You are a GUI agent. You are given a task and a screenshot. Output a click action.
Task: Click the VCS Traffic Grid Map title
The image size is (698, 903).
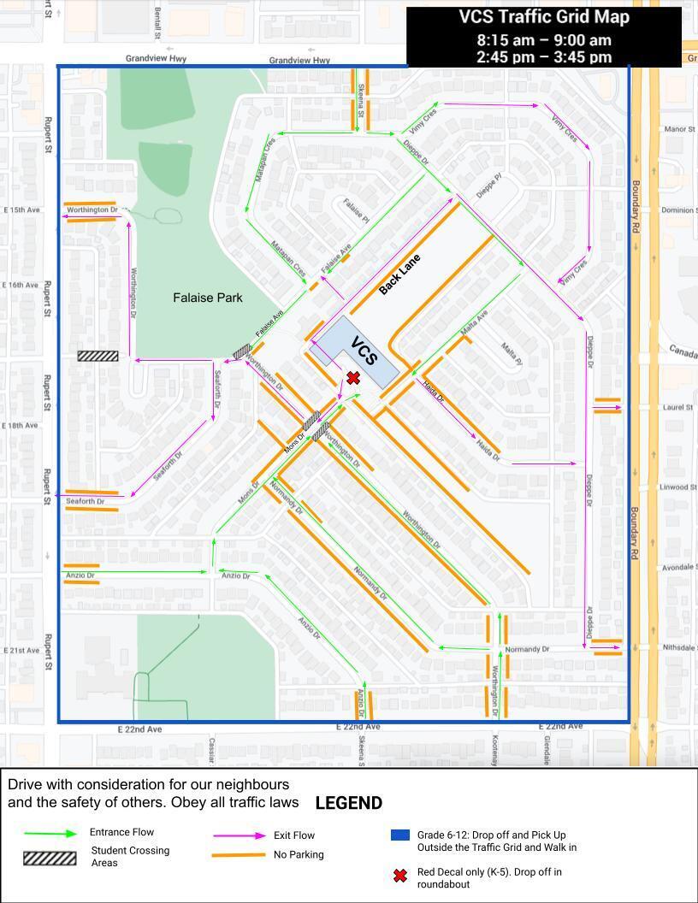pos(544,17)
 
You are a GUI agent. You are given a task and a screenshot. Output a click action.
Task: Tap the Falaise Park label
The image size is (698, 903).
pos(207,298)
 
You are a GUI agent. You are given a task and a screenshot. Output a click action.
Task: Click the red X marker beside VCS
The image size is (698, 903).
pos(353,378)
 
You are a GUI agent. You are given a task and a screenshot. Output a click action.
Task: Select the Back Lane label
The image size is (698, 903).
pos(400,274)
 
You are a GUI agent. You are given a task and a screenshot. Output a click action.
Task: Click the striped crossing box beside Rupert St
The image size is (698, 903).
pos(98,356)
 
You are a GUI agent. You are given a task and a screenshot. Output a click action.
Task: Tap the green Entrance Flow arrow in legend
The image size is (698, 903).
pos(50,834)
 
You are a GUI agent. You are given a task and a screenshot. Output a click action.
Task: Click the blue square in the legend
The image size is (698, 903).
pos(399,835)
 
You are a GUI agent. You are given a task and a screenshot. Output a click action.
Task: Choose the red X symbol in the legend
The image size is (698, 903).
pos(399,876)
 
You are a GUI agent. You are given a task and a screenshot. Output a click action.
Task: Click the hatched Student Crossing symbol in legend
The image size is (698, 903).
pos(50,858)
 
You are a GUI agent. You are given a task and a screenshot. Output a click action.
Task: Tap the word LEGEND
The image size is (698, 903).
pos(348,803)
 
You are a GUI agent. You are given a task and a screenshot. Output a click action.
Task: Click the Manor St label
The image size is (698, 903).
pos(679,129)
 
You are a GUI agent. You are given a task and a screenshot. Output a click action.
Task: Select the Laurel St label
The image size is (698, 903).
pos(677,407)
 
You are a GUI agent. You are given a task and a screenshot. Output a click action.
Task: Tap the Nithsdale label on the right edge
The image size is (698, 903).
pos(679,647)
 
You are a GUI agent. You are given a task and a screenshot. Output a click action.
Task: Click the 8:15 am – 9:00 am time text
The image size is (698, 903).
pos(544,40)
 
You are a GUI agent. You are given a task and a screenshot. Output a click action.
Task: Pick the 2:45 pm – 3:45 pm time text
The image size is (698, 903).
pos(544,57)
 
